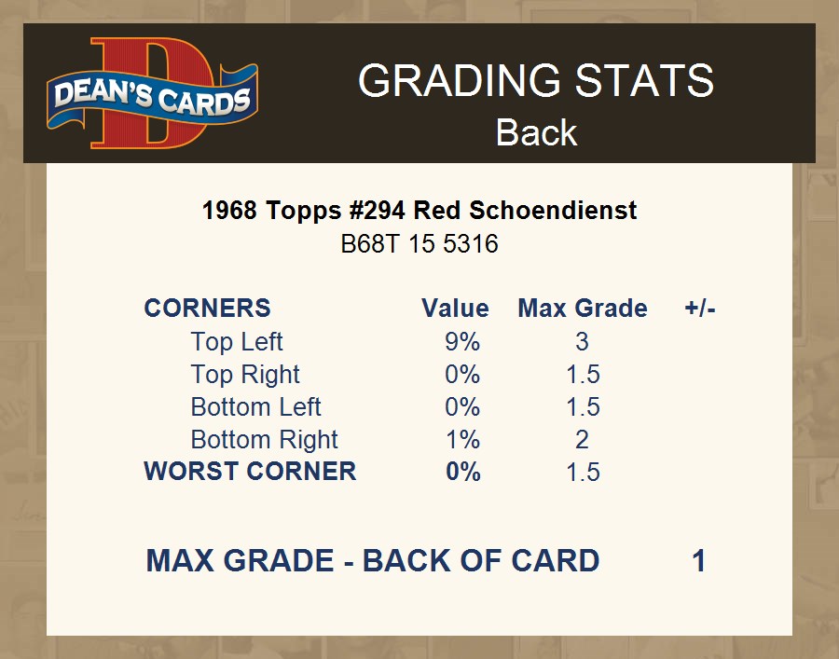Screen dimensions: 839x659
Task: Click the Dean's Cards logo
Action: coord(152,93)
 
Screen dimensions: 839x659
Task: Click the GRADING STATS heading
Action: coord(536,80)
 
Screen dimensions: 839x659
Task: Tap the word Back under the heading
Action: coord(536,132)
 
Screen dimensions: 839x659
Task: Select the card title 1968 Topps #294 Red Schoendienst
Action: coord(419,211)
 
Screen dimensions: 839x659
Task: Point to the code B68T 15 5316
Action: coord(419,244)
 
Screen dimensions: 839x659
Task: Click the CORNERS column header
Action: coord(208,309)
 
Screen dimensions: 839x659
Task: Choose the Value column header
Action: coord(455,309)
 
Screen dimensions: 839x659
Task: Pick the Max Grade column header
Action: coord(583,309)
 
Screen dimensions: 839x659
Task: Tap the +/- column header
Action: coord(700,309)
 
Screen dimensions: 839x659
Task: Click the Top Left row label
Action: coord(237,342)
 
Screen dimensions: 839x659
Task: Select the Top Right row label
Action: coord(245,375)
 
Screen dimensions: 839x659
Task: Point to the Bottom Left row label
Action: coord(255,407)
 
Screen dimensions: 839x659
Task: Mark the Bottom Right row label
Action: coord(265,440)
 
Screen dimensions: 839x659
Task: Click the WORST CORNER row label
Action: coord(250,472)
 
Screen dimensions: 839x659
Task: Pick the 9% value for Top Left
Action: coord(462,342)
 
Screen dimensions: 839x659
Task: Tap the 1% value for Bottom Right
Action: coord(462,440)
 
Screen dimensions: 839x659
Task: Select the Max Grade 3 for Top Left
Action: coord(582,342)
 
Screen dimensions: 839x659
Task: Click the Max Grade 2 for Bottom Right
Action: coord(582,440)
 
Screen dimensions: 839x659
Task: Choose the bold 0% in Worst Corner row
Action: coord(462,472)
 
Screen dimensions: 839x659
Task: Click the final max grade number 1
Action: coord(699,561)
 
